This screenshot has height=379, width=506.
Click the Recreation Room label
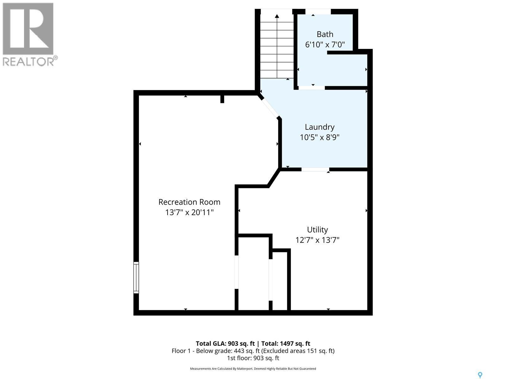[189, 202]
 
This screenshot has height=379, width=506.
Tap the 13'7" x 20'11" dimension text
[189, 213]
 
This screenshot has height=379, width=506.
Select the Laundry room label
[319, 127]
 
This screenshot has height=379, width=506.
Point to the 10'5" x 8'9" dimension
[319, 137]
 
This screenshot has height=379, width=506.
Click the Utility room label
[317, 230]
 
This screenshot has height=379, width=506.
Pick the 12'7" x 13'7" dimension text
[317, 240]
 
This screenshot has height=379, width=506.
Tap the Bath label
[325, 34]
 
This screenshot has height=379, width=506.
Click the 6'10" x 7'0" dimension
[325, 45]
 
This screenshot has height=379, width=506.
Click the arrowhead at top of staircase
[277, 16]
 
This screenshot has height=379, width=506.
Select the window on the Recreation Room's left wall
[136, 278]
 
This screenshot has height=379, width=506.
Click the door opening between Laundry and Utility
[315, 170]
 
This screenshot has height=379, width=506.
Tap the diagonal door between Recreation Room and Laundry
[270, 108]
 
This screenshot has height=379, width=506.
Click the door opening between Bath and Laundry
[312, 88]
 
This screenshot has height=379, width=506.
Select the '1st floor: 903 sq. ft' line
[253, 358]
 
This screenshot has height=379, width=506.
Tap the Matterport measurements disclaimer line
[253, 369]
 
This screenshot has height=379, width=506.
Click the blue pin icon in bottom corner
[480, 375]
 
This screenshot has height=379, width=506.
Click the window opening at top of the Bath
[318, 12]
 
